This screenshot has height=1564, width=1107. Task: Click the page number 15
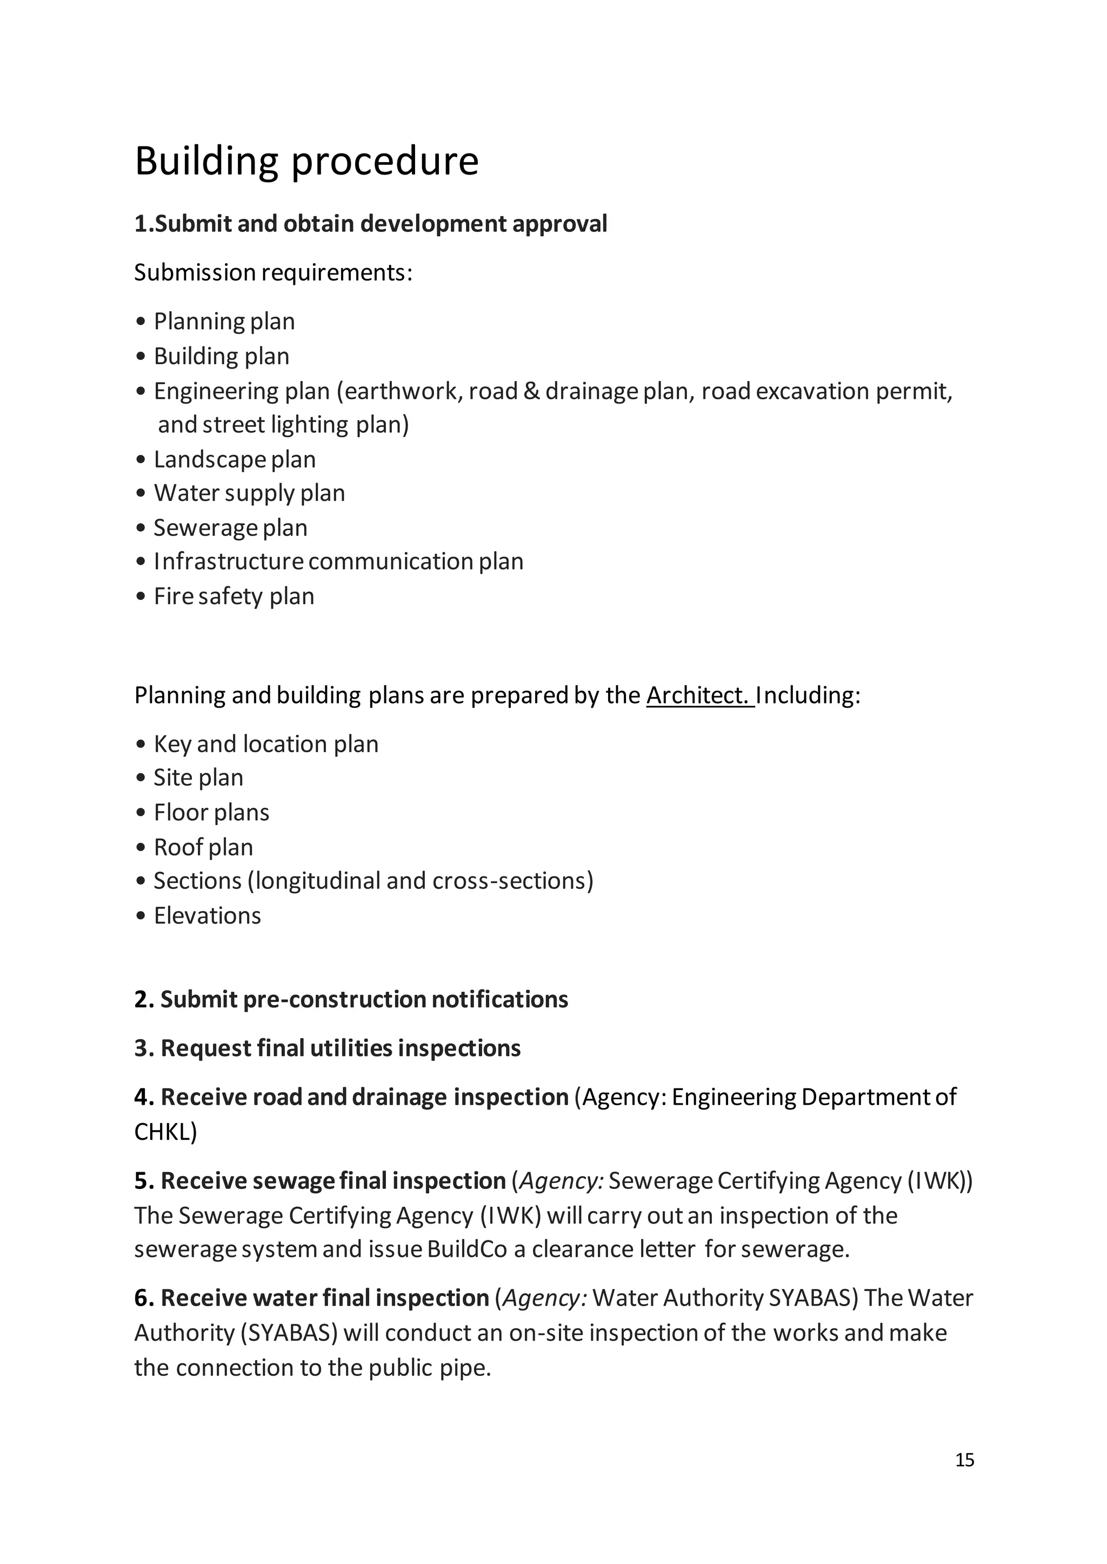964,1460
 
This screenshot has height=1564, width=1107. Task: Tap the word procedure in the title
385,162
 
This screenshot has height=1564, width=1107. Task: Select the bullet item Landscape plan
234,459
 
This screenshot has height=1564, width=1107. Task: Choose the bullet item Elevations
206,915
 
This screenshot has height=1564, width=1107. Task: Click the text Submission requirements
272,272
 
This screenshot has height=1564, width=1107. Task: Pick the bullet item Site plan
198,778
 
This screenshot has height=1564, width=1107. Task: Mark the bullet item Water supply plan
249,493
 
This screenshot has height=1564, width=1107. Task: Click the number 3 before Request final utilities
141,1048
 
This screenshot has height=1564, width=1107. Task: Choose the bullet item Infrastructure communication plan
338,562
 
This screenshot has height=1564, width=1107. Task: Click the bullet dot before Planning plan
141,322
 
